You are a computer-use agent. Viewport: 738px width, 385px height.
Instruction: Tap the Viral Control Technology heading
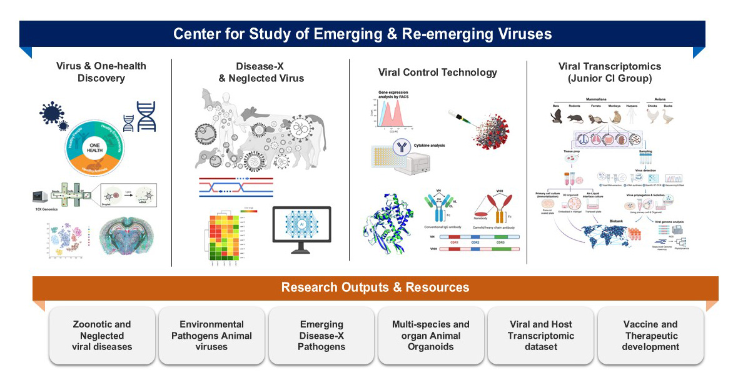(438, 72)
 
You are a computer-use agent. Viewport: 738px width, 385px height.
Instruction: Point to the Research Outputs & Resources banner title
(375, 287)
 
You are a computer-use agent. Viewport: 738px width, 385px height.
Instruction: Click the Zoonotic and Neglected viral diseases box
(102, 336)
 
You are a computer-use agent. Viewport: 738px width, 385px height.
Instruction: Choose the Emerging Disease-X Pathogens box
(321, 336)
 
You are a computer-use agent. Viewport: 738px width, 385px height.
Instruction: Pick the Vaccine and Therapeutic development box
(650, 336)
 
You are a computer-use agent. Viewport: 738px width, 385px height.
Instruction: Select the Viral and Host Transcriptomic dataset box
(541, 336)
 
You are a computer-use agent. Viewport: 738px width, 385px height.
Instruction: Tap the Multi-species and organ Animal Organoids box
(431, 336)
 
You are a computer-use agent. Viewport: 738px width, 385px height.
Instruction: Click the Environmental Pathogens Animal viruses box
(212, 336)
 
